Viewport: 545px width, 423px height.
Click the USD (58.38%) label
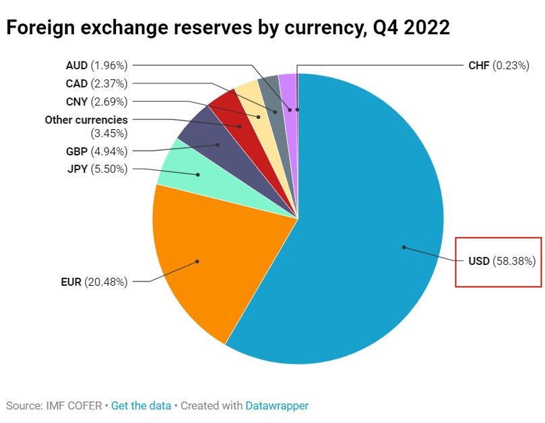click(502, 261)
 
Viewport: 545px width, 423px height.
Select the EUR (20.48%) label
click(94, 282)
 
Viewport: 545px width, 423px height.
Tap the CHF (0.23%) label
click(499, 66)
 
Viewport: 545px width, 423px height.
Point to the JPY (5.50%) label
click(97, 169)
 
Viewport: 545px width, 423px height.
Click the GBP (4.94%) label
click(96, 151)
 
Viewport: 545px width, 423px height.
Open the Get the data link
click(141, 406)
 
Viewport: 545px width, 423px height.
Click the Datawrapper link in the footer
click(276, 406)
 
